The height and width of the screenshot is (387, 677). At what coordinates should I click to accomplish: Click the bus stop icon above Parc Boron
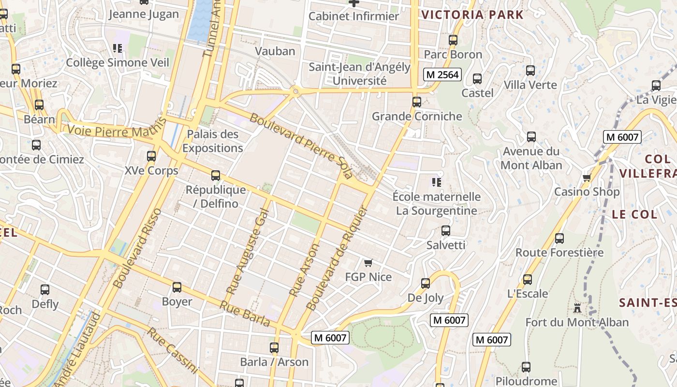(x=453, y=40)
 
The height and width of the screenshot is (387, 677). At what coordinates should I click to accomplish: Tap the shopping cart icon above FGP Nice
(x=368, y=263)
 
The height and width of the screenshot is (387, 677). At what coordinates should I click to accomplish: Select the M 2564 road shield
(x=442, y=74)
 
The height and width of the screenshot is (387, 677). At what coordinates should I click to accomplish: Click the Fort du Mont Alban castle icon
(x=577, y=308)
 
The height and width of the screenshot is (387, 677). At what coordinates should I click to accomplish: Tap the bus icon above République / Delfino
(x=216, y=176)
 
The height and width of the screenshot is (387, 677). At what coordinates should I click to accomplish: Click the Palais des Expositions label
(x=212, y=141)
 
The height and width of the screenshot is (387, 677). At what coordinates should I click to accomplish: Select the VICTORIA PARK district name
(x=472, y=15)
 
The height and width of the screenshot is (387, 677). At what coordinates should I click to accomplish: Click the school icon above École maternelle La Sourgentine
(x=437, y=182)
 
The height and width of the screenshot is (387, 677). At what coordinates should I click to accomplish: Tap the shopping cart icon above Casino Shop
(x=587, y=178)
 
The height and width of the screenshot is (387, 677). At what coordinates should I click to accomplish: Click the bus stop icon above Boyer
(x=177, y=287)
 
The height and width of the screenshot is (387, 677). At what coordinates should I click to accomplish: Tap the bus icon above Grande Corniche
(x=417, y=102)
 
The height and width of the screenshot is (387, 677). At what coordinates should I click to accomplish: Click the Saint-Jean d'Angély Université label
(x=359, y=74)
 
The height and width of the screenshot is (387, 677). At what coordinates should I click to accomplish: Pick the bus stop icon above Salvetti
(x=446, y=231)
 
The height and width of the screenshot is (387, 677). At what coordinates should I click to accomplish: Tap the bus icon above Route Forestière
(x=559, y=238)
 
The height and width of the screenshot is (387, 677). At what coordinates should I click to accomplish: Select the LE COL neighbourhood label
(x=634, y=214)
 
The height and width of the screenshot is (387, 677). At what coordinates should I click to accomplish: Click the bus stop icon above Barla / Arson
(x=274, y=347)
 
